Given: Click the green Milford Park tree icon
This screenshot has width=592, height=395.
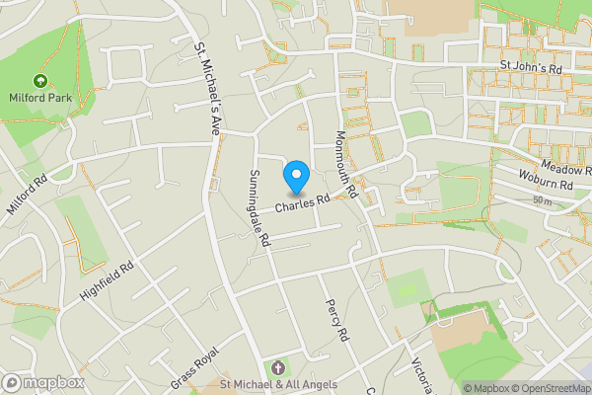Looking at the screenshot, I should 40,80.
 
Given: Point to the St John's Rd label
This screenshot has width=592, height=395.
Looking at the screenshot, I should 529,69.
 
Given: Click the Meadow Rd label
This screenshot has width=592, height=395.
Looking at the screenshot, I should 564,171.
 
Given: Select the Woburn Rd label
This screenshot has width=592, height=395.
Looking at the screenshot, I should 546,185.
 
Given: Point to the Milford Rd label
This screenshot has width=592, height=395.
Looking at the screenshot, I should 27,196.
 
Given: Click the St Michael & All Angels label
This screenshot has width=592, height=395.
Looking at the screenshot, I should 278,384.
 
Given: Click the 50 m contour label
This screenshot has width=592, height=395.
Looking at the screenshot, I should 541,200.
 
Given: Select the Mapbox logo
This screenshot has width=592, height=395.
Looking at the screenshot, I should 43,382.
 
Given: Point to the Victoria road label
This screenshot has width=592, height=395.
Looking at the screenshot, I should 420,373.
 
